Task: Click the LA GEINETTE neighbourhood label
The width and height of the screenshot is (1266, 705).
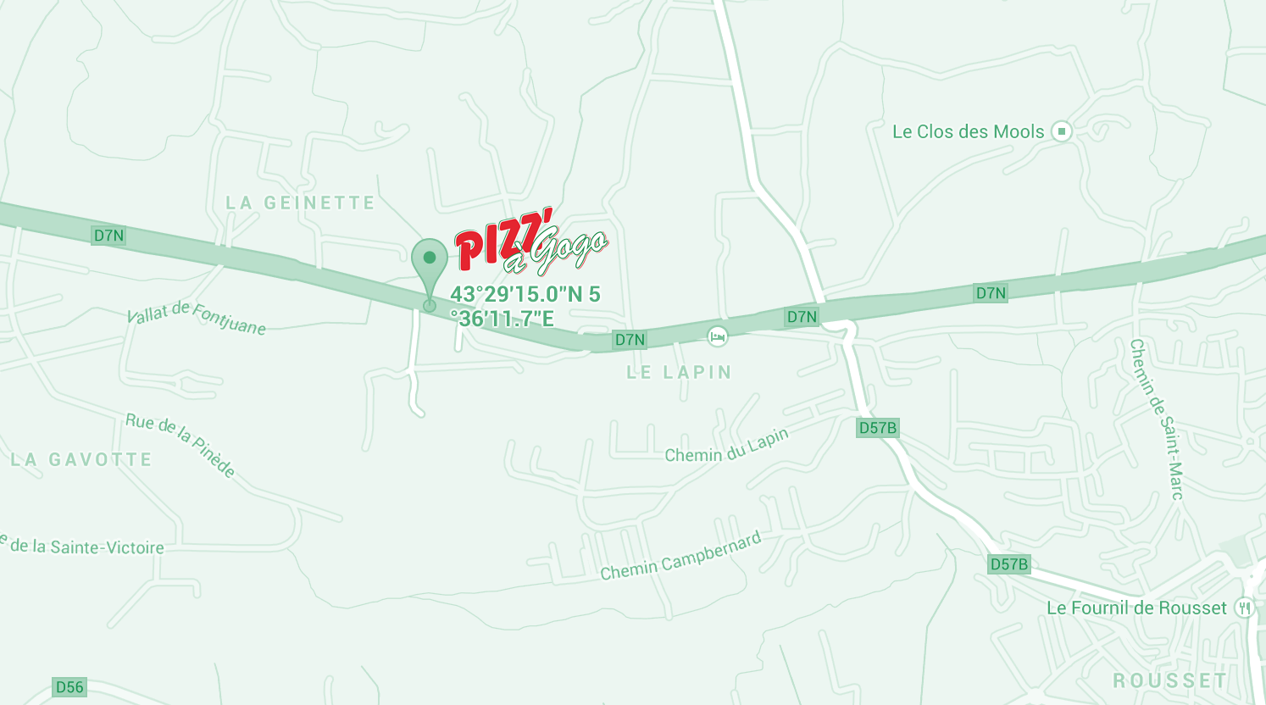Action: click(300, 203)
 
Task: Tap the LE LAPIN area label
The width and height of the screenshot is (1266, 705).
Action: click(679, 372)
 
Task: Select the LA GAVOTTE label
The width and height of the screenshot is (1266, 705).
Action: click(81, 460)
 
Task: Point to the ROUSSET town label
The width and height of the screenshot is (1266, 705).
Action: click(1170, 681)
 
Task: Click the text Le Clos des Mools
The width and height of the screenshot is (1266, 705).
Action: click(968, 131)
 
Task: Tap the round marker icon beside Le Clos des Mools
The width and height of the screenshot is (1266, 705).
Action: click(1061, 131)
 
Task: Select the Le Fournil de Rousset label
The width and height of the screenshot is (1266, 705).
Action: click(1136, 608)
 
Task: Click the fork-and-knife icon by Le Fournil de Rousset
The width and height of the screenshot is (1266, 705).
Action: click(1245, 608)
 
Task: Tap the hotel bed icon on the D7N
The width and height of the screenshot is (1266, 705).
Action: click(718, 336)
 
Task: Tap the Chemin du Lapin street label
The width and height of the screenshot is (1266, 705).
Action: click(727, 446)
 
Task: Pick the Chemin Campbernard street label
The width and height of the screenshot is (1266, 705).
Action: click(680, 557)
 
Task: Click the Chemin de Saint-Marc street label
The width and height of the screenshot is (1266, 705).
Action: click(1156, 419)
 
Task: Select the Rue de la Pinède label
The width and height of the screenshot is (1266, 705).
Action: click(180, 445)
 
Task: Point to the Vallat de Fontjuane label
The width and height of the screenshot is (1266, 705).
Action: click(196, 317)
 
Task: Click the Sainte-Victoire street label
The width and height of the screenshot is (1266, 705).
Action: click(85, 547)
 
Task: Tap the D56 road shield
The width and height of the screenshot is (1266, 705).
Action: click(69, 686)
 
